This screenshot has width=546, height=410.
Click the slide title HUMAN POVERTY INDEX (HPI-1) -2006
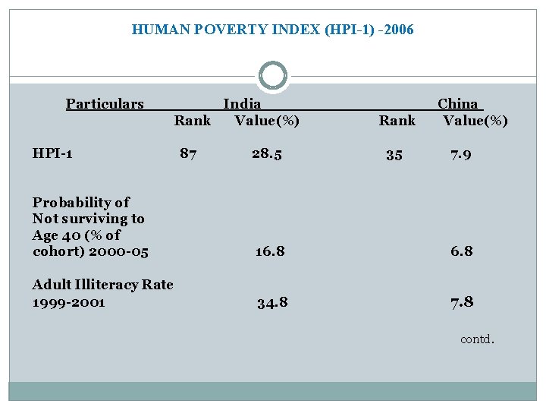click(x=272, y=30)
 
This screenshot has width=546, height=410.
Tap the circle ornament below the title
click(x=273, y=76)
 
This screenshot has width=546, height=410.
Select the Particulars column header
click(x=105, y=104)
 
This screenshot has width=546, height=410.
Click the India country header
click(x=242, y=104)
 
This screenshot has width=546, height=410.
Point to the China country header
click(x=458, y=104)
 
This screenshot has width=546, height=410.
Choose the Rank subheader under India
click(x=193, y=121)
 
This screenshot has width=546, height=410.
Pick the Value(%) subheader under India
click(x=267, y=121)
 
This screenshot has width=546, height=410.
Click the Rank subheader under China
click(x=397, y=121)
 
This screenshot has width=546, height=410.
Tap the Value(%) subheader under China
click(x=475, y=121)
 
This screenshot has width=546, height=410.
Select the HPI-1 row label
click(x=52, y=154)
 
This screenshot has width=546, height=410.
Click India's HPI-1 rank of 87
click(x=188, y=154)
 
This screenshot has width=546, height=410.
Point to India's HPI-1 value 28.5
click(x=267, y=154)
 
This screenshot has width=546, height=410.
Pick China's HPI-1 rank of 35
click(x=394, y=155)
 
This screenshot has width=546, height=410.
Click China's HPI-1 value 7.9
click(x=461, y=155)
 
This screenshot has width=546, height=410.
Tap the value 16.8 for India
click(x=270, y=251)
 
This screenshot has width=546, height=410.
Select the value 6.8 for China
click(x=461, y=251)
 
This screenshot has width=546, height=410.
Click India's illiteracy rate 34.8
click(x=272, y=303)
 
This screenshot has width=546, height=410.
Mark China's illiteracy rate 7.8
click(x=462, y=302)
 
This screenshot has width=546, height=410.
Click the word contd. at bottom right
click(x=477, y=339)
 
